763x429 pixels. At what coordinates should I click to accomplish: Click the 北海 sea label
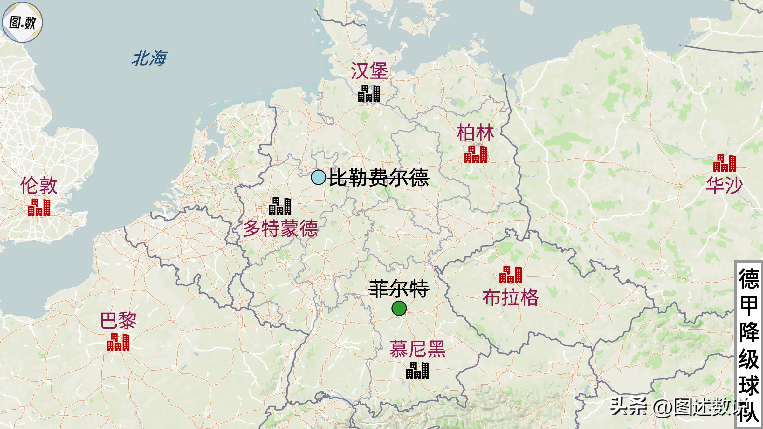(149, 58)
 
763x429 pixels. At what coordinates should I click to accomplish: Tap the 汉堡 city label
(369, 71)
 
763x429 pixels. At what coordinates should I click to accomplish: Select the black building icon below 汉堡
(369, 94)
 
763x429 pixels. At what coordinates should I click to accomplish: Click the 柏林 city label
(476, 133)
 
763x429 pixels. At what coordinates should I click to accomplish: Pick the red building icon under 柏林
(476, 154)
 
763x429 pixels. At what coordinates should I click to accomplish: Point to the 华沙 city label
(725, 185)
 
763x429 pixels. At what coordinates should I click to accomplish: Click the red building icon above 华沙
(725, 163)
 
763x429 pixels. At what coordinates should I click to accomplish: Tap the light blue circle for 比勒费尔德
(318, 177)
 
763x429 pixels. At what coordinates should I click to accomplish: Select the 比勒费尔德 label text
(379, 177)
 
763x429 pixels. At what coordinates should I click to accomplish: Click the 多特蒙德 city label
(280, 228)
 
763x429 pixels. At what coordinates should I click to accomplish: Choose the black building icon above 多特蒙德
(280, 206)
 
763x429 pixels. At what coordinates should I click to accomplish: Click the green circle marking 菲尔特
(399, 308)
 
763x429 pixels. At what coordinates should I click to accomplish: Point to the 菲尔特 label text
(399, 289)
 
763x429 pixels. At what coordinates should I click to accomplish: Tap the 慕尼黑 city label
(417, 349)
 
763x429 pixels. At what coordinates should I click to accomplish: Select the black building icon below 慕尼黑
(417, 371)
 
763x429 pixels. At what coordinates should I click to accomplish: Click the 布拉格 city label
(511, 297)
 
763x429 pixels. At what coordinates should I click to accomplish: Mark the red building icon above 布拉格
(511, 275)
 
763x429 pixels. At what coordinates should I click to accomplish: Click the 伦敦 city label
(39, 186)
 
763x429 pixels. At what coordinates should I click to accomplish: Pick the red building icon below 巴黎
(118, 342)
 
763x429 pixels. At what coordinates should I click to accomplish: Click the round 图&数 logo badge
(22, 22)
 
